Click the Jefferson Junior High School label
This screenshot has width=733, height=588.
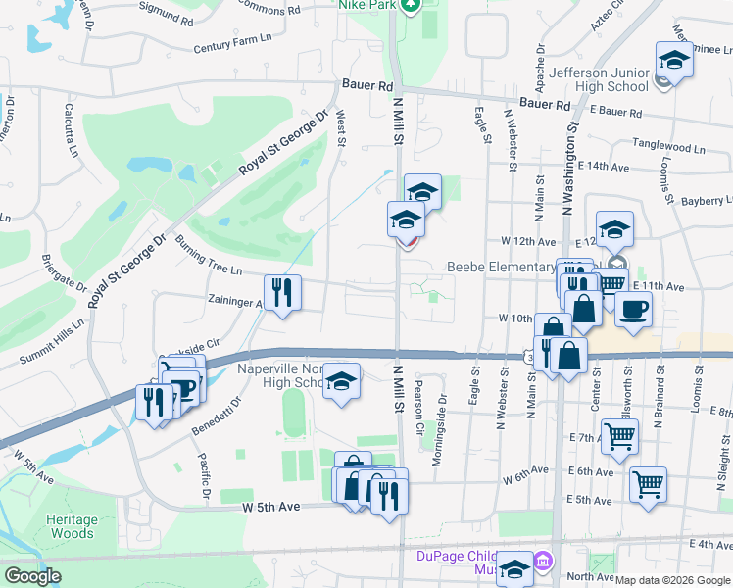pos(600,79)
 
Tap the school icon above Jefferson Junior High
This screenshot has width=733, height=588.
pos(674,61)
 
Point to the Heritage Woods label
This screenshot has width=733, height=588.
pos(73,527)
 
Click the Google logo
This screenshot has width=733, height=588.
pos(32,577)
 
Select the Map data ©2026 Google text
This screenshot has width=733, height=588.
pos(672,580)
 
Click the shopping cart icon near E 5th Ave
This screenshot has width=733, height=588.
pos(648,483)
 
